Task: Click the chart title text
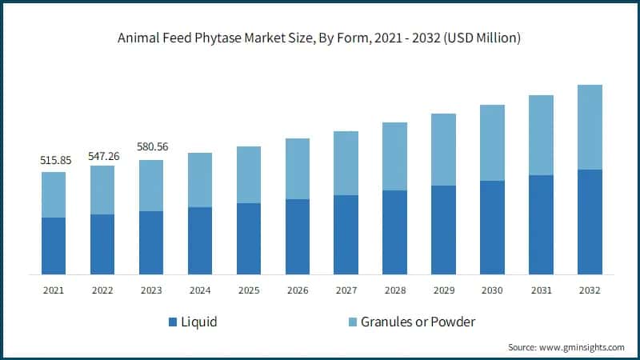tap(320, 38)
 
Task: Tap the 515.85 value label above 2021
tap(55, 160)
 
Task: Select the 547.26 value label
tap(102, 155)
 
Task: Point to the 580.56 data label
tap(151, 147)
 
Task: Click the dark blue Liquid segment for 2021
tap(54, 246)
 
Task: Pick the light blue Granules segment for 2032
tap(590, 127)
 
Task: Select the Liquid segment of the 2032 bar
tap(590, 222)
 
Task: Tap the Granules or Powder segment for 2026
tap(298, 169)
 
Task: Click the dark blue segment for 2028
tap(394, 232)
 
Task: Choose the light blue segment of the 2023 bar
tap(151, 186)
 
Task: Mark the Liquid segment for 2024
tap(200, 241)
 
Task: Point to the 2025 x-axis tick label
tap(249, 290)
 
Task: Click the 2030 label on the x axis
tap(492, 290)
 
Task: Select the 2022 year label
tap(102, 290)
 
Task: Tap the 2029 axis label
tap(443, 290)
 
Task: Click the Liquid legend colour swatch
tap(173, 322)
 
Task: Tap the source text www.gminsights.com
tap(566, 347)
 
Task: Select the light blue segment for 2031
tap(541, 135)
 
